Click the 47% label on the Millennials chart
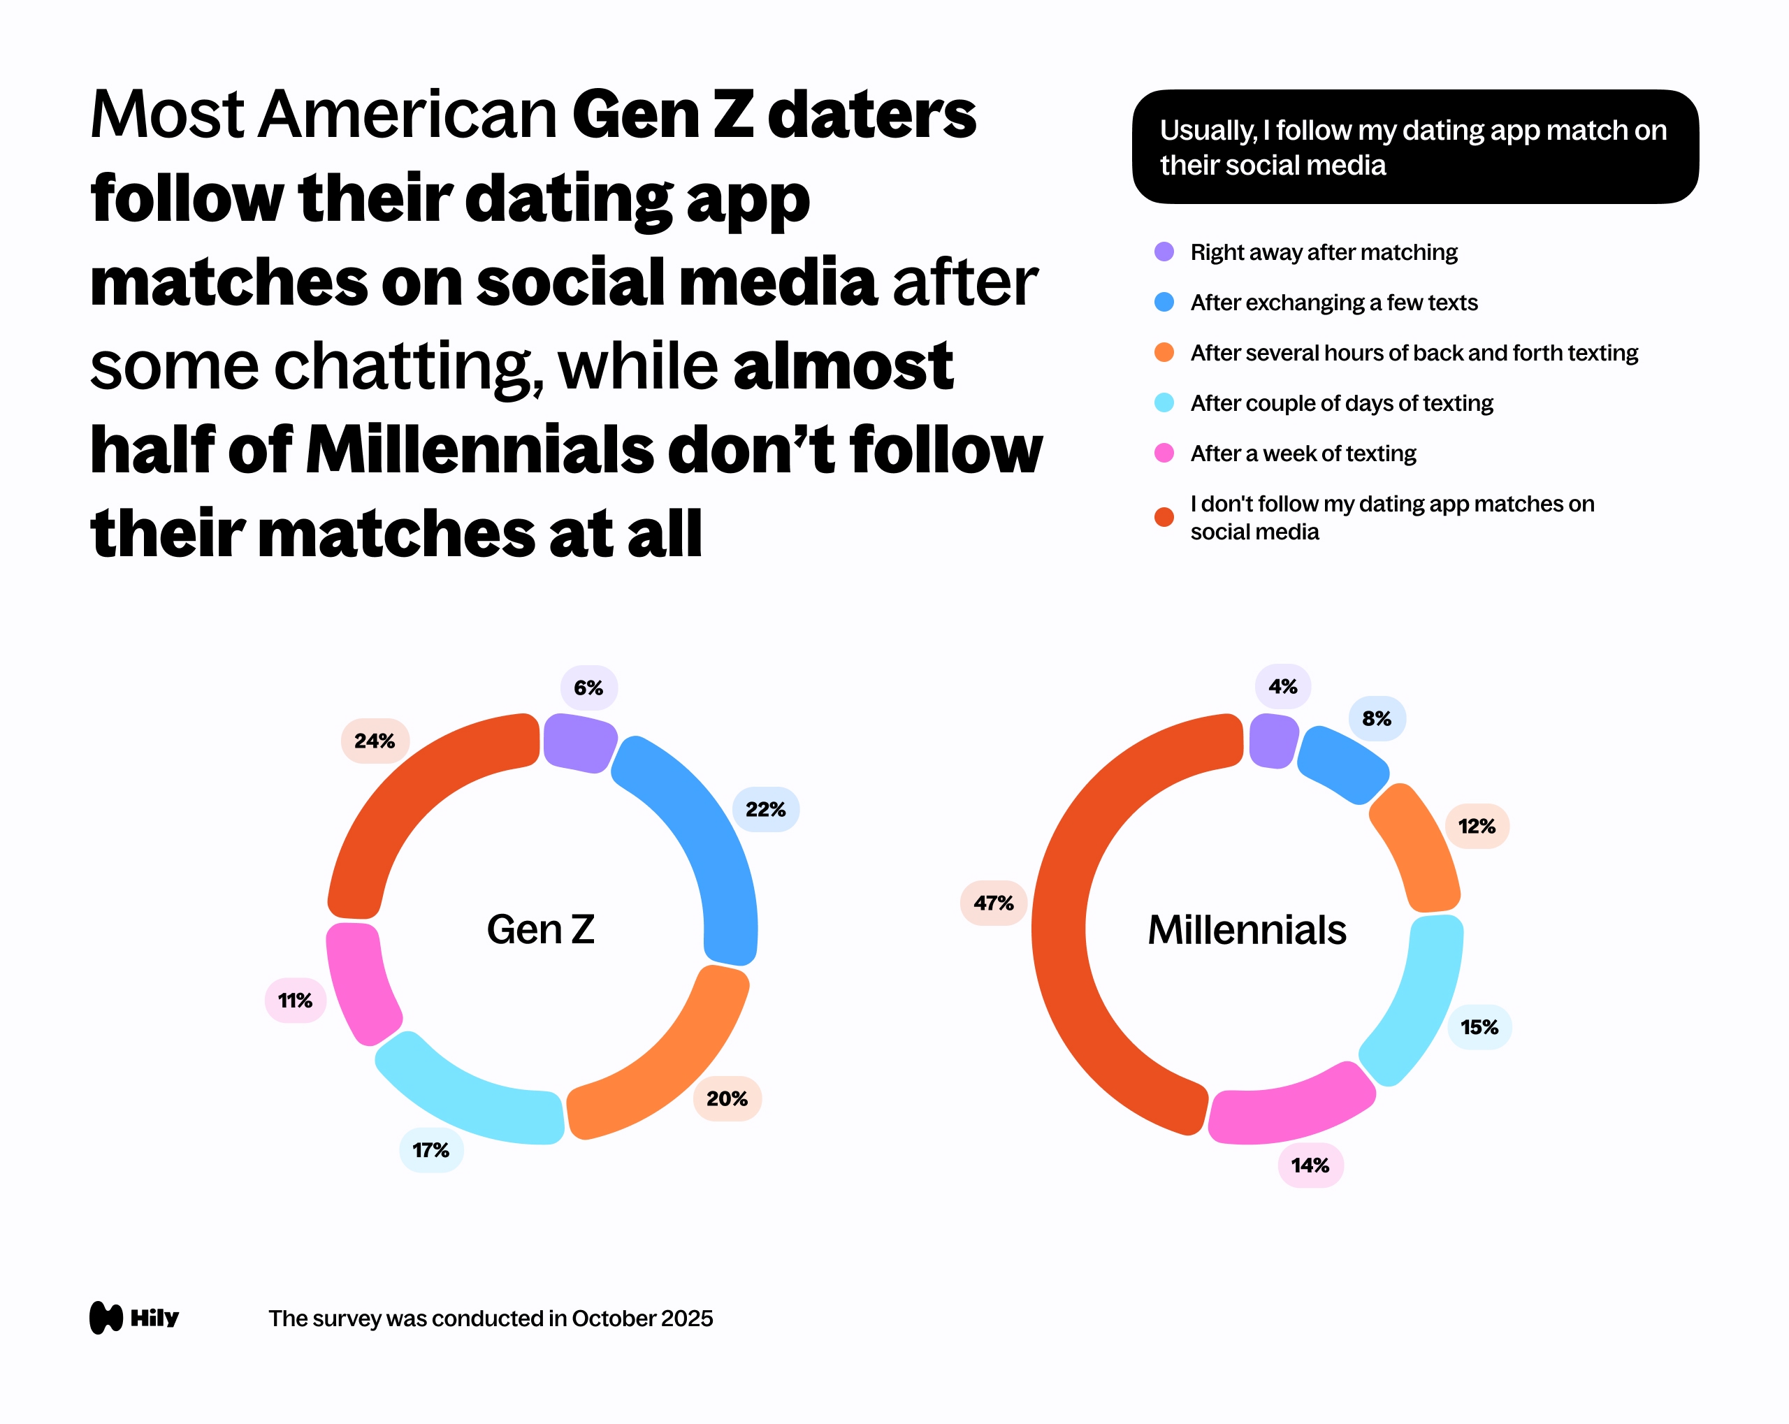click(x=993, y=903)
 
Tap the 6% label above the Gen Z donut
click(x=588, y=688)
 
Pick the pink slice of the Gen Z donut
click(x=358, y=983)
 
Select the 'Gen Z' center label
click(x=540, y=929)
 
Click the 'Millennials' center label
click(x=1246, y=929)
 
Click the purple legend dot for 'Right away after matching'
click(x=1164, y=252)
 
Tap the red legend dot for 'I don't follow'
click(x=1164, y=517)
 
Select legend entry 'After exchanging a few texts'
click(x=1333, y=303)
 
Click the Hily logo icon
click(x=106, y=1318)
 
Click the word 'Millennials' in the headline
click(x=479, y=451)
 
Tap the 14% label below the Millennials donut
click(x=1310, y=1165)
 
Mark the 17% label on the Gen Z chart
click(x=430, y=1150)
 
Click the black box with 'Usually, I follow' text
click(x=1414, y=147)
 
